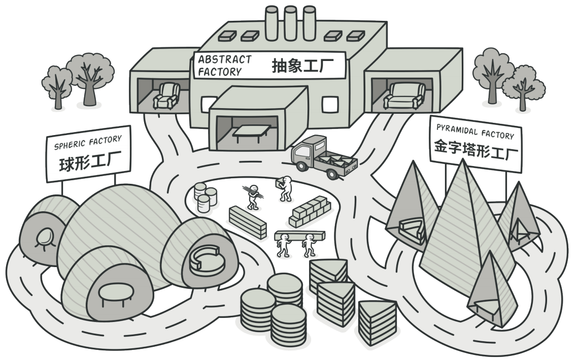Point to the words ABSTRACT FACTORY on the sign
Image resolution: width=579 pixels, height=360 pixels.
[224, 66]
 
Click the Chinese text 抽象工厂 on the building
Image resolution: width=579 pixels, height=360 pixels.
[302, 66]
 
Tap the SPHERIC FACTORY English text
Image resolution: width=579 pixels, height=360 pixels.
[88, 142]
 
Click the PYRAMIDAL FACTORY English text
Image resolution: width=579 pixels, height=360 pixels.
[475, 132]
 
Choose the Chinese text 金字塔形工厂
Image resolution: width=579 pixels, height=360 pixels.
[476, 149]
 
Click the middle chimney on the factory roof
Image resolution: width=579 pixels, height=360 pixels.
[290, 23]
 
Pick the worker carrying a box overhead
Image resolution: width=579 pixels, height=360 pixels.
[285, 188]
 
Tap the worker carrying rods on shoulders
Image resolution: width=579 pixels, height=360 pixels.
[253, 196]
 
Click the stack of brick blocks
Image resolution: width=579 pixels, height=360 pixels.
[310, 211]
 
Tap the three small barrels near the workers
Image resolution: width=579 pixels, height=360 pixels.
[205, 197]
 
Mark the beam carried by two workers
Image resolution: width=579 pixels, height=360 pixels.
[300, 236]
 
